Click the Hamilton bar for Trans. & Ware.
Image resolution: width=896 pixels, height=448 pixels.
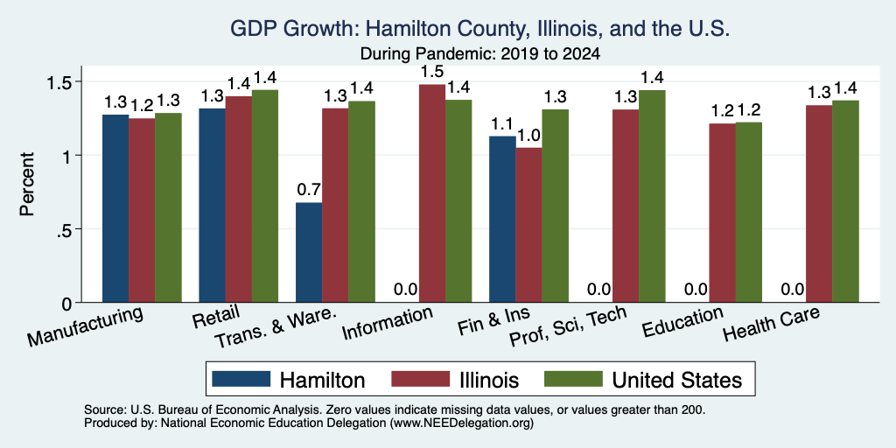pyautogui.click(x=309, y=253)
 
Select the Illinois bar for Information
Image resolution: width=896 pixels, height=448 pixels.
pyautogui.click(x=432, y=193)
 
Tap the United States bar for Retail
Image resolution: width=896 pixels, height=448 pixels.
pyautogui.click(x=265, y=196)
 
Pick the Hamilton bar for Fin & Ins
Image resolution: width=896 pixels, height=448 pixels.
pyautogui.click(x=502, y=219)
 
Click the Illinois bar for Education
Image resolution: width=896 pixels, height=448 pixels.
pyautogui.click(x=722, y=213)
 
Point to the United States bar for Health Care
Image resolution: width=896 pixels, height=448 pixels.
pyautogui.click(x=846, y=201)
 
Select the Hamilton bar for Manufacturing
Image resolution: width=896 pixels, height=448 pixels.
pyautogui.click(x=115, y=208)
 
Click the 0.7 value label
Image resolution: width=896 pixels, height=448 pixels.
pyautogui.click(x=309, y=189)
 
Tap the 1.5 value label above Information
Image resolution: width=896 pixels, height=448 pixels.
pyautogui.click(x=432, y=72)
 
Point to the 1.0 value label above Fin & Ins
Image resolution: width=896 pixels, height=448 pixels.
pyautogui.click(x=528, y=135)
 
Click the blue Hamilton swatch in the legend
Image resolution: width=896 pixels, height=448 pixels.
pyautogui.click(x=241, y=379)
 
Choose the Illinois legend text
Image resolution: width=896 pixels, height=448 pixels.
pyautogui.click(x=489, y=380)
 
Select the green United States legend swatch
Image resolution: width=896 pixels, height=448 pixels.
pyautogui.click(x=573, y=379)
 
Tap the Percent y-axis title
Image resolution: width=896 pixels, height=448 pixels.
pyautogui.click(x=27, y=184)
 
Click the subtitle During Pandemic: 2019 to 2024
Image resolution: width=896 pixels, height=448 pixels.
pyautogui.click(x=480, y=54)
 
